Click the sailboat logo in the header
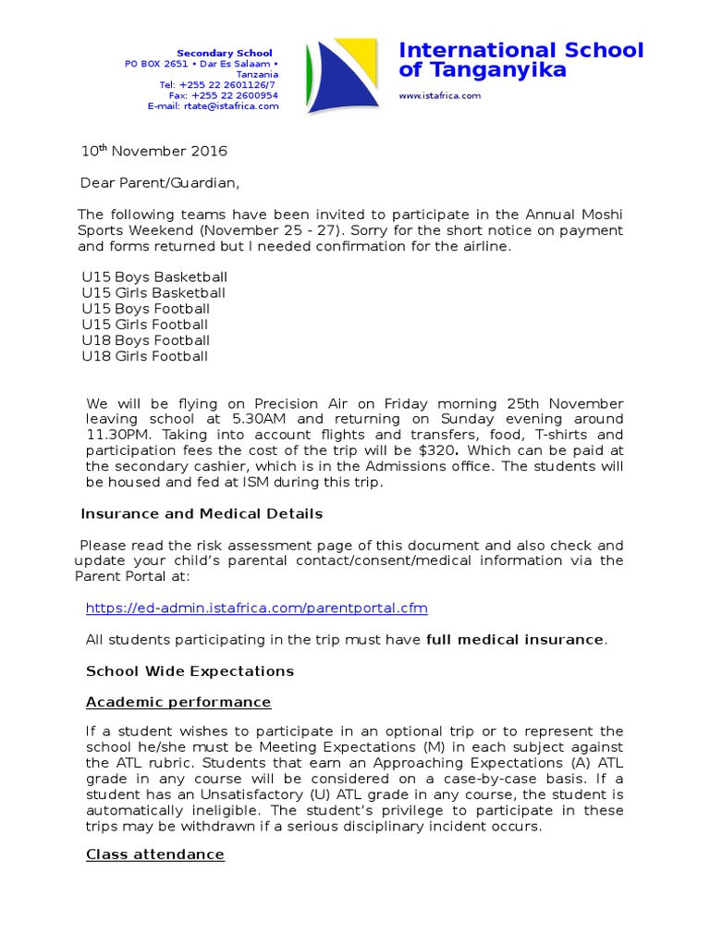point(342,77)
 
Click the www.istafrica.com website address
point(440,95)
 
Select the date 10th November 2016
point(154,151)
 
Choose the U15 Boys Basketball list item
point(154,277)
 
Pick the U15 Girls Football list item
point(145,325)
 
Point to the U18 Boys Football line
point(146,340)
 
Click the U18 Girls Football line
point(145,356)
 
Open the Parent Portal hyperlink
point(257,608)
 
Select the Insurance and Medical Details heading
point(202,513)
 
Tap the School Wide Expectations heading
point(190,670)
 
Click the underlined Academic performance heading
point(178,702)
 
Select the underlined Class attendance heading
point(155,854)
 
